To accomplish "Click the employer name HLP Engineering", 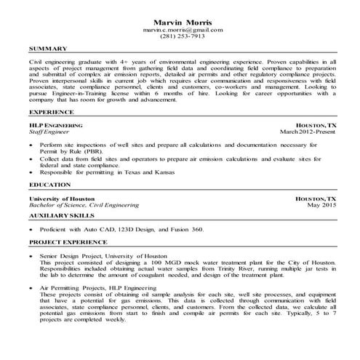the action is coord(52,125).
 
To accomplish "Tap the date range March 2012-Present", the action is coord(308,132).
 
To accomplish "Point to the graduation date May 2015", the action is coord(321,205).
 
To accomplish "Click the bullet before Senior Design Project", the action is coord(32,257).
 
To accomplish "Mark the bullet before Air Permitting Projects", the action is coord(32,288).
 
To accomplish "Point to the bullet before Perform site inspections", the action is coord(32,145).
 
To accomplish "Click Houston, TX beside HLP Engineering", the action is coord(316,125).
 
